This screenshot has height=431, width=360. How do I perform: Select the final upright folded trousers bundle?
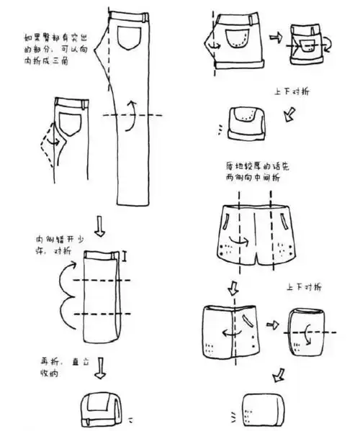pyautogui.click(x=99, y=409)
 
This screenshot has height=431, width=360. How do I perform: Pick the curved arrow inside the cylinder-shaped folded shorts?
pyautogui.click(x=310, y=333)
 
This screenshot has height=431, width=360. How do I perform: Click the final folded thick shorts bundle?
pyautogui.click(x=256, y=408)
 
